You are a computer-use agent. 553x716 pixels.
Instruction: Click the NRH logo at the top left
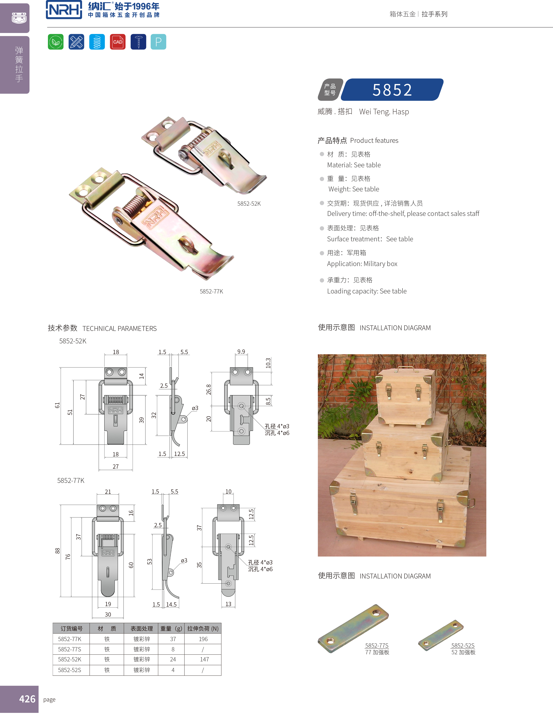(x=64, y=10)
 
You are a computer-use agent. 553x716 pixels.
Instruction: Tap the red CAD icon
(x=118, y=42)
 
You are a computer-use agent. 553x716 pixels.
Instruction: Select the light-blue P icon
(x=158, y=42)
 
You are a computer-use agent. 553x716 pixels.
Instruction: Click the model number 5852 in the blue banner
(x=392, y=90)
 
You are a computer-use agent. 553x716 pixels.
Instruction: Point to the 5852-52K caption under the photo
(x=249, y=204)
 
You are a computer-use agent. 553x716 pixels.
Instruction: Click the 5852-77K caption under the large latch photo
(x=211, y=291)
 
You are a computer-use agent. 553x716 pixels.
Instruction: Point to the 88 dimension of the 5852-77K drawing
(x=57, y=551)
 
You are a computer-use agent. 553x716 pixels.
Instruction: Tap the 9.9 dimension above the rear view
(x=241, y=351)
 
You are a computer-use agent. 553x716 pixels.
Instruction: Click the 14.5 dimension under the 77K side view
(x=171, y=604)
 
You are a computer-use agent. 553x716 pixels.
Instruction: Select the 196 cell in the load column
(x=203, y=639)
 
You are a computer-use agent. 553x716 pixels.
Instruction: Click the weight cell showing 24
(x=173, y=659)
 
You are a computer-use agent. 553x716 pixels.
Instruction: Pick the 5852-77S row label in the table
(x=70, y=649)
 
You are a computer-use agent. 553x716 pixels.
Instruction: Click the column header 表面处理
(x=141, y=628)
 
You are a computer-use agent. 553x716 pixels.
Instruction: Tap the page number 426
(x=27, y=699)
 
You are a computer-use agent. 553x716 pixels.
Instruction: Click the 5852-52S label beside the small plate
(x=462, y=646)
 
